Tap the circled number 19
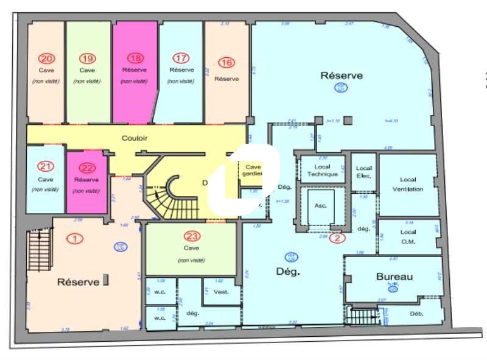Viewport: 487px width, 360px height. tap(88, 58)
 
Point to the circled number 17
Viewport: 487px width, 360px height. tap(181, 58)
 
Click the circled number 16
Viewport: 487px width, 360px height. tap(226, 63)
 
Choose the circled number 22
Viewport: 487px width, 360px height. tap(86, 168)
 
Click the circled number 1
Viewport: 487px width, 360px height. tap(75, 239)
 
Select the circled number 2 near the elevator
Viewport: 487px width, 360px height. tap(337, 238)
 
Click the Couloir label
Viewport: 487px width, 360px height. tap(134, 138)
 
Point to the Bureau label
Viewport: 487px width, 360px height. tap(394, 277)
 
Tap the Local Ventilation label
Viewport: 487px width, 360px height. tap(407, 184)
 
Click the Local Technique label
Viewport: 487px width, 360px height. tap(321, 170)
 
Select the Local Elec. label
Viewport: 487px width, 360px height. tap(363, 172)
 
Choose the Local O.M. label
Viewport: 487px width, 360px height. tap(407, 236)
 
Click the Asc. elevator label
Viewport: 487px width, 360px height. tap(320, 205)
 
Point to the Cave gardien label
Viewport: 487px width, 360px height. tap(252, 170)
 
